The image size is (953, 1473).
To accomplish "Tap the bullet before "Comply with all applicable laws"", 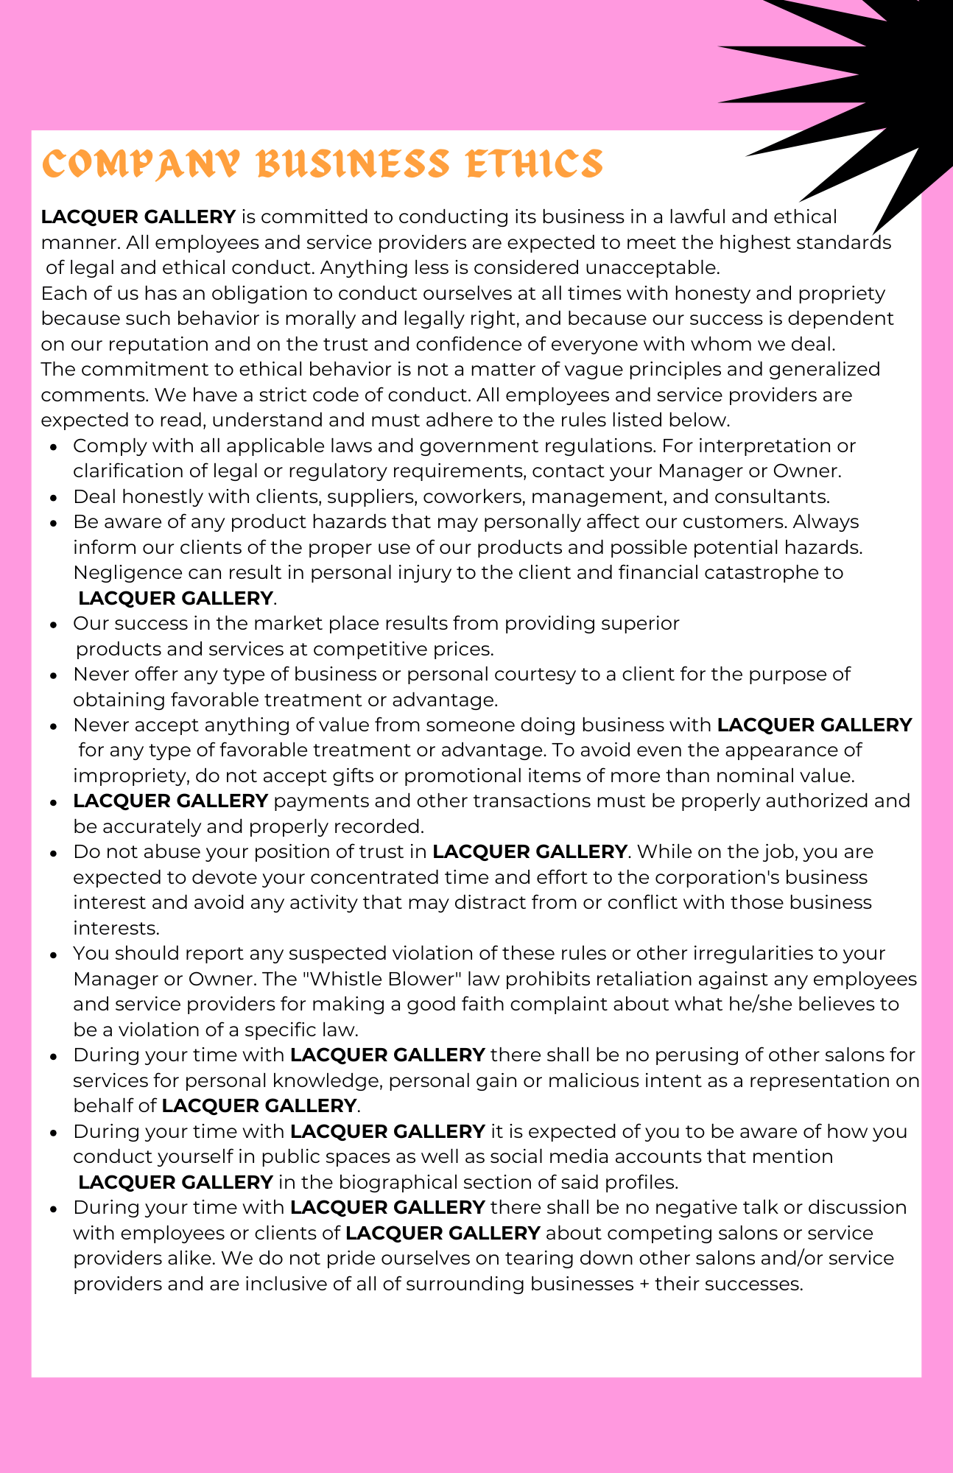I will point(54,447).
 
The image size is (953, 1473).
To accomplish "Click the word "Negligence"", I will point(127,572).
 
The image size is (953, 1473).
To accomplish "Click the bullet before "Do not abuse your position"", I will point(54,853).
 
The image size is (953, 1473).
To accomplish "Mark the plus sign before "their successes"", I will point(644,1284).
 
